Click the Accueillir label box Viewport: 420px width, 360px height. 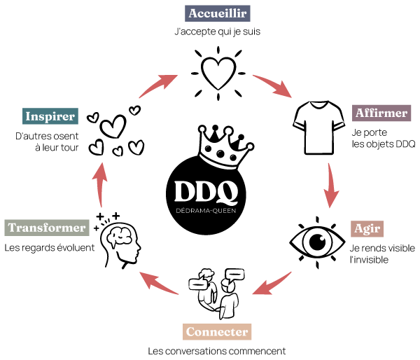(x=218, y=13)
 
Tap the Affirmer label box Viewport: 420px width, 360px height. (x=381, y=113)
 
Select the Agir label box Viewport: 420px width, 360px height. (x=367, y=229)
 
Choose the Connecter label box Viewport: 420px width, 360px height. (x=217, y=332)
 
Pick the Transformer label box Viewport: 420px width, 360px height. (x=47, y=228)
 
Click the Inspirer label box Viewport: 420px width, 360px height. (x=50, y=116)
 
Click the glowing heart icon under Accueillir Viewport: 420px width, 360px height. (x=218, y=74)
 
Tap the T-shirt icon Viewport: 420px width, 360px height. (x=318, y=127)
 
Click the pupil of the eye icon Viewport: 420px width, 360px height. (x=318, y=242)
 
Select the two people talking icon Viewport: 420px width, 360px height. (x=217, y=293)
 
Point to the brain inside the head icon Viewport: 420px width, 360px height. (x=120, y=237)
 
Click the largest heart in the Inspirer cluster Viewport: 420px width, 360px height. (x=113, y=127)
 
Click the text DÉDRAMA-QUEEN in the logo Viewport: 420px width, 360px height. (x=206, y=211)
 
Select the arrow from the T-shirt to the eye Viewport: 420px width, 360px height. (x=330, y=186)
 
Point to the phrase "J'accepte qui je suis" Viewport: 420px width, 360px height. (x=218, y=32)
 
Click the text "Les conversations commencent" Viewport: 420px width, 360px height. (x=217, y=351)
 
